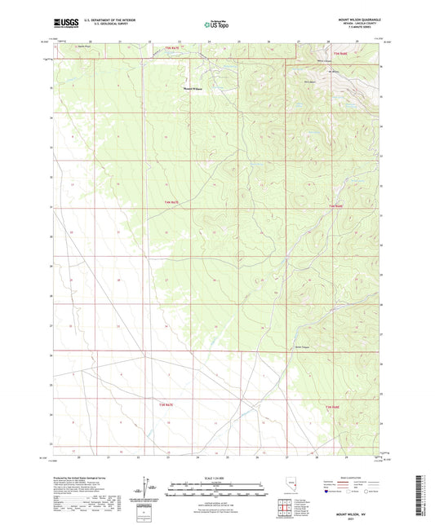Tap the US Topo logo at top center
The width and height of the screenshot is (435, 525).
(216, 24)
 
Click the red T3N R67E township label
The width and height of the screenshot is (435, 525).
(170, 404)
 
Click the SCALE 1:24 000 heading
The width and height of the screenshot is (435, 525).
(216, 477)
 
